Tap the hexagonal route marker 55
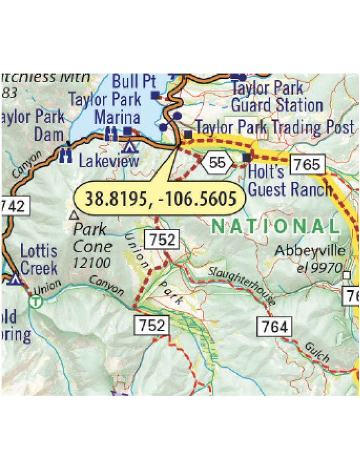pyautogui.click(x=217, y=162)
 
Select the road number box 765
pyautogui.click(x=307, y=164)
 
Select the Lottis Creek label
pyautogui.click(x=39, y=260)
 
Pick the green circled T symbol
pyautogui.click(x=36, y=301)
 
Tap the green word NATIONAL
pyautogui.click(x=275, y=227)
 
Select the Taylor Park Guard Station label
pyautogui.click(x=277, y=97)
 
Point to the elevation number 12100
pyautogui.click(x=92, y=263)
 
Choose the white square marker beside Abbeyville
pyautogui.click(x=347, y=275)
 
